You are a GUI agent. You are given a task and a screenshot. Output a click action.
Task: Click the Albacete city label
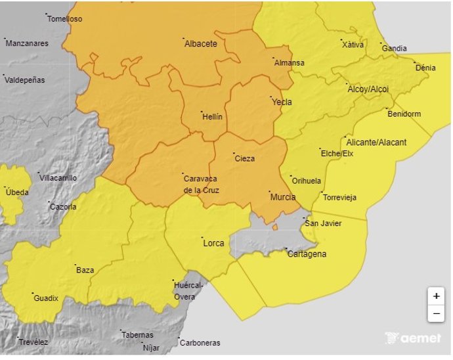201,44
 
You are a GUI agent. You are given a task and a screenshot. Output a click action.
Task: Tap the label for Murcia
283,197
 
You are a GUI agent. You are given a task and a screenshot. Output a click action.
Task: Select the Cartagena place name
307,254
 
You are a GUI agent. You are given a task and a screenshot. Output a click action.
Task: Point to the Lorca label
213,243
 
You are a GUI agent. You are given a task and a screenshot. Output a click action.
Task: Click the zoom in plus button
436,296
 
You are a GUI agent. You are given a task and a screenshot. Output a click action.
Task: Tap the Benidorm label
404,114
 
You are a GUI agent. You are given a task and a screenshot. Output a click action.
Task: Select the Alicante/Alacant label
376,143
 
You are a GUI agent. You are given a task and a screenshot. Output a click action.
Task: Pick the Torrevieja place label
339,198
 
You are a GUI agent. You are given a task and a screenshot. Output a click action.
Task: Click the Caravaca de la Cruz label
201,184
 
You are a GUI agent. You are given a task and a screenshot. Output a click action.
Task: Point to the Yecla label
282,102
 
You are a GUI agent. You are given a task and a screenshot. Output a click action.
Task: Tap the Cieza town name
244,158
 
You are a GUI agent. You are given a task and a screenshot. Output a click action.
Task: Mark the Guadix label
46,298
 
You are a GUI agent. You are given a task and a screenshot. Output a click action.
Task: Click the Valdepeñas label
24,80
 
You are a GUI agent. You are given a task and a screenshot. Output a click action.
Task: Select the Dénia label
425,68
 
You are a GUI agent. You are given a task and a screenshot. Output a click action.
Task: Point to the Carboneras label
200,343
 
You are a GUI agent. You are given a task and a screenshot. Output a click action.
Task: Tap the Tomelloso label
64,19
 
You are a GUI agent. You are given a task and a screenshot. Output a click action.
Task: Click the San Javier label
322,223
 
